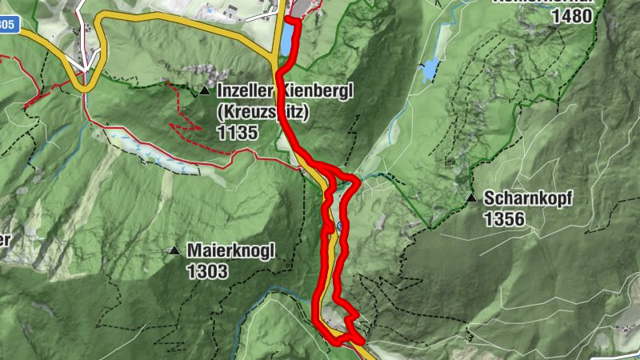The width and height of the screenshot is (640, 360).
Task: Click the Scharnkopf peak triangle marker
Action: pyautogui.click(x=472, y=198)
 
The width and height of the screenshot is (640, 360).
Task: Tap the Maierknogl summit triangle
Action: pyautogui.click(x=174, y=251)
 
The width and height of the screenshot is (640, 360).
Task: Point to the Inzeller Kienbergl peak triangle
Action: pyautogui.click(x=205, y=92)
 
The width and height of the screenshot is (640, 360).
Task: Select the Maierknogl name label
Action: pyautogui.click(x=230, y=251)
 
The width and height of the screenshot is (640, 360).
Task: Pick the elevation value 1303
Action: pyautogui.click(x=207, y=272)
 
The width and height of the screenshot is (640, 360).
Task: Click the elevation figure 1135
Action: pyautogui.click(x=237, y=133)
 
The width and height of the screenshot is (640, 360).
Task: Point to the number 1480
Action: pyautogui.click(x=571, y=16)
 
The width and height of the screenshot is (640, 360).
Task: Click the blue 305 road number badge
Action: pyautogui.click(x=7, y=25)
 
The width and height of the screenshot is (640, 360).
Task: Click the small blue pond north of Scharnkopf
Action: pyautogui.click(x=430, y=70)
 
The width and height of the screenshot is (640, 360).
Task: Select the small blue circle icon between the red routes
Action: pyautogui.click(x=340, y=226)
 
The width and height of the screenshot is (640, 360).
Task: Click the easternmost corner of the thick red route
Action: pyautogui.click(x=358, y=183)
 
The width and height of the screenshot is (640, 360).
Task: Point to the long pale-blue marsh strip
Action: pyautogui.click(x=152, y=152)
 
